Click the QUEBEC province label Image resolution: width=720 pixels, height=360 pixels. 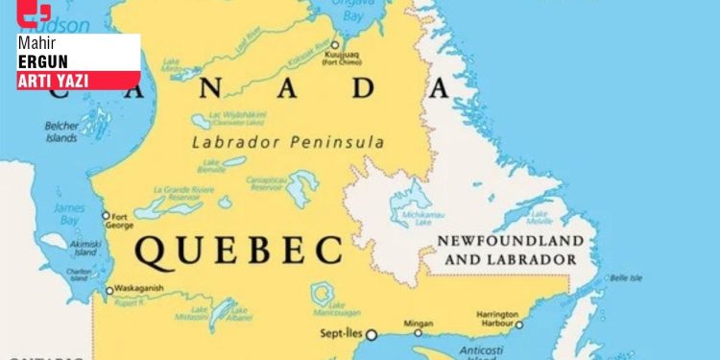pyautogui.click(x=238, y=251)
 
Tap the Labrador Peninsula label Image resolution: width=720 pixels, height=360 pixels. pyautogui.click(x=288, y=142)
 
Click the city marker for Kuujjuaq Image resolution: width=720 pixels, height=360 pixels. pyautogui.click(x=335, y=45)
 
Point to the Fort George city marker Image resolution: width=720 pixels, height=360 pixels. pyautogui.click(x=107, y=215)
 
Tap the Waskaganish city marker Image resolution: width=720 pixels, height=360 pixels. pyautogui.click(x=108, y=290)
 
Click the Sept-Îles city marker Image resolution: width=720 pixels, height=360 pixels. pyautogui.click(x=371, y=335)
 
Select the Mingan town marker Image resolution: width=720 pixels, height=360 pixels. pyautogui.click(x=418, y=335)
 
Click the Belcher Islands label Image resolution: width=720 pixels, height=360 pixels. pyautogui.click(x=60, y=132)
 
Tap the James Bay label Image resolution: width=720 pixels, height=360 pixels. pyautogui.click(x=69, y=213)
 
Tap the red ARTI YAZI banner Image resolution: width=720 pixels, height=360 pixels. pyautogui.click(x=54, y=81)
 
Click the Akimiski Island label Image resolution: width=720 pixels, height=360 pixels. pyautogui.click(x=84, y=248)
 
